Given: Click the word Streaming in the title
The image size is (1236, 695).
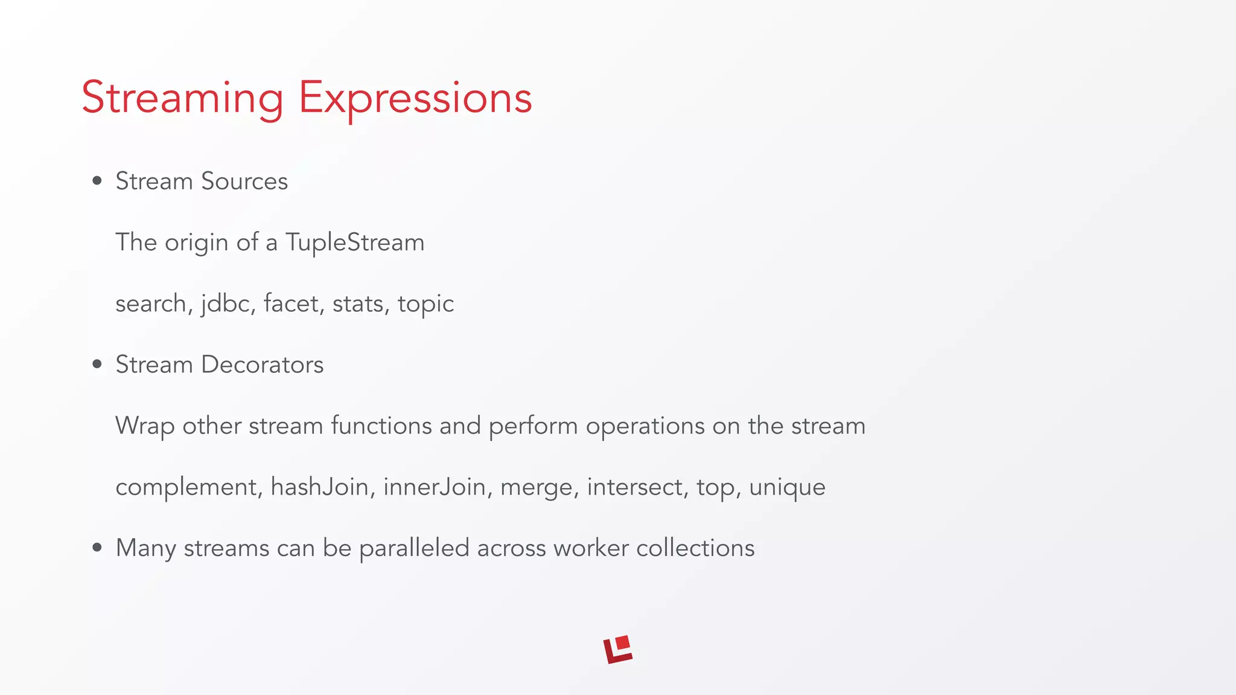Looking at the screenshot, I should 182,98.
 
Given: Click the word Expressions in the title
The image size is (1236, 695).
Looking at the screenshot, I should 415,98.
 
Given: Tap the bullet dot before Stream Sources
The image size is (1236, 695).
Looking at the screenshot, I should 97,181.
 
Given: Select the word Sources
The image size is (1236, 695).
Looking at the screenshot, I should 244,181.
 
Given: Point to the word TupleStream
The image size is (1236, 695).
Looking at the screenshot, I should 355,243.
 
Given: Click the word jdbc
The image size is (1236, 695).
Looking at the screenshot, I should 225,303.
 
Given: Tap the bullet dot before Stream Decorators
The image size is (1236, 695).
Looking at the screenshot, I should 97,364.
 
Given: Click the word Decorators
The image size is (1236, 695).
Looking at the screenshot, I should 262,364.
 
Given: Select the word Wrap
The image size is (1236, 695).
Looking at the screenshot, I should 145,426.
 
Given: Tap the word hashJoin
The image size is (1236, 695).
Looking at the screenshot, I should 319,486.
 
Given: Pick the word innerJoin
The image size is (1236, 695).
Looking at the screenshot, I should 435,486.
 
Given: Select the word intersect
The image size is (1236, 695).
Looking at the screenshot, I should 636,486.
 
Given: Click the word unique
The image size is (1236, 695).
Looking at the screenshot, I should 787,487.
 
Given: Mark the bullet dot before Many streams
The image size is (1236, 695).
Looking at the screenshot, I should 97,548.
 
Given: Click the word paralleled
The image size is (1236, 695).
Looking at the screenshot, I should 414,548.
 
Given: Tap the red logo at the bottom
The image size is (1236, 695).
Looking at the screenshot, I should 618,650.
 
